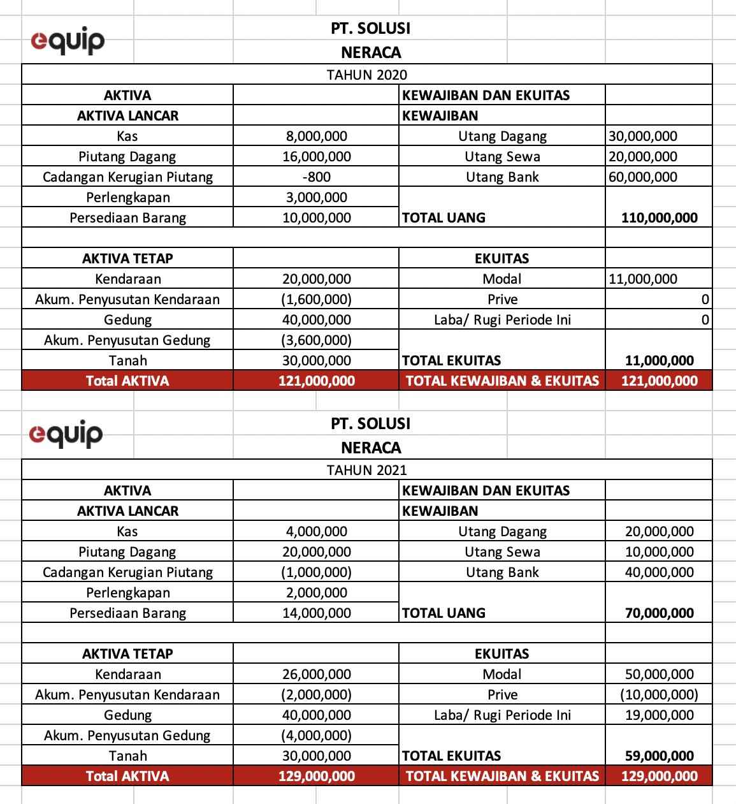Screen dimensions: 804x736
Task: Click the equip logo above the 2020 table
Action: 68,41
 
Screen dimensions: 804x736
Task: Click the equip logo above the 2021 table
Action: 66,434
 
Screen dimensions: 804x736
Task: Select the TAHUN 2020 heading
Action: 367,75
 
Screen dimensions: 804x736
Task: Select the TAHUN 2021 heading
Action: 367,470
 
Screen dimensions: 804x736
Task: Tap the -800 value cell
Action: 317,177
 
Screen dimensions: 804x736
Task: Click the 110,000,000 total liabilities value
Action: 660,217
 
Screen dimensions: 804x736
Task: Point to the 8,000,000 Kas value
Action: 317,136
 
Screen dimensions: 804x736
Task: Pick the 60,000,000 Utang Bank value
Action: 643,177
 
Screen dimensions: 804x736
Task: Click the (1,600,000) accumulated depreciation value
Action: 317,299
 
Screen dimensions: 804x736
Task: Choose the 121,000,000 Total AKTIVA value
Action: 317,381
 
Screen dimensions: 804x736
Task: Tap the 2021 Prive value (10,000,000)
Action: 660,694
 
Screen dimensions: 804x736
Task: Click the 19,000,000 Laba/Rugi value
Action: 660,715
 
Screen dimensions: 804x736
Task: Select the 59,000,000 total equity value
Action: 660,756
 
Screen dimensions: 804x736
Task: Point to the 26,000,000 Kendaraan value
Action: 317,674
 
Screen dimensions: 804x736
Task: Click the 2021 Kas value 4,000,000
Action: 317,531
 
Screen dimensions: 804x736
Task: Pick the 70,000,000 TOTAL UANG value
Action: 660,613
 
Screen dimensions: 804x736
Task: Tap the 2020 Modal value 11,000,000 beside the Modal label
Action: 643,279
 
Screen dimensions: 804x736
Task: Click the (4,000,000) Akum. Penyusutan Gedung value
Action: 317,735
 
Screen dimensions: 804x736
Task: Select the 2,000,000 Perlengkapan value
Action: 317,592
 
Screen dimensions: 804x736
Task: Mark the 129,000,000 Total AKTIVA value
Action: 317,776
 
